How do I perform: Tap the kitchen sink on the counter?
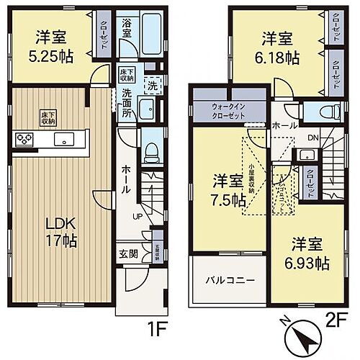click(x=57, y=139)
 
